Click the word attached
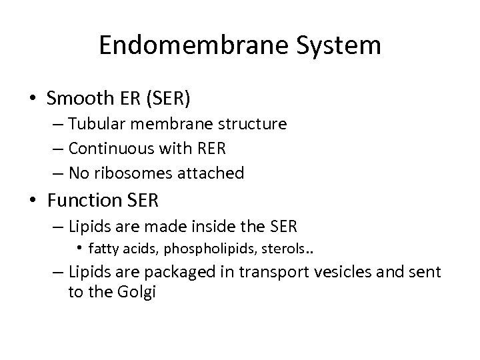(x=217, y=173)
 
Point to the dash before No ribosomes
(x=57, y=173)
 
